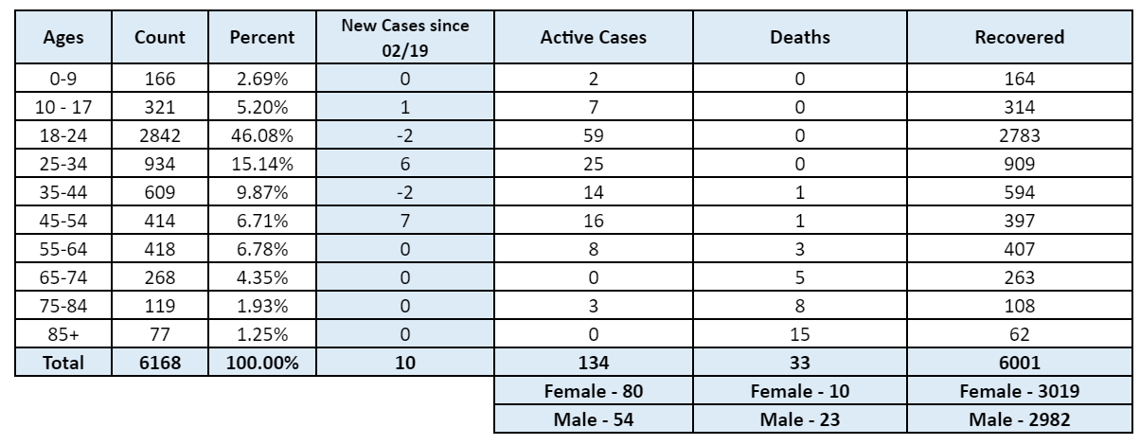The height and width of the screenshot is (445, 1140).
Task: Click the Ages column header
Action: [63, 37]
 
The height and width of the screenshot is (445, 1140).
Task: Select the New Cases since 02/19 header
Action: [405, 38]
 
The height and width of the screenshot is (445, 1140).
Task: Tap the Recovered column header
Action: [1020, 37]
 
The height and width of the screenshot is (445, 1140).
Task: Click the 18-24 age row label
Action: [63, 135]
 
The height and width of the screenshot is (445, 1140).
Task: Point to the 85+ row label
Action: [63, 334]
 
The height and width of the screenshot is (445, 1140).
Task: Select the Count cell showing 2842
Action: [160, 135]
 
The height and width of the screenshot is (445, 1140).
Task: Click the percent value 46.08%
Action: [262, 135]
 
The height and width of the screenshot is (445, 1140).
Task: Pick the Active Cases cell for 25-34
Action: [594, 164]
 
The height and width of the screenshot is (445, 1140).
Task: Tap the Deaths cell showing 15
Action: [799, 334]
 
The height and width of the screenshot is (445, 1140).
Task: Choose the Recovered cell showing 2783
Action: [1020, 135]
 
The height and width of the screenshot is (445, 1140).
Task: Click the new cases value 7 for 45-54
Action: [405, 221]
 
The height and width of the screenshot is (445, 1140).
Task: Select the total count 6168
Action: [160, 363]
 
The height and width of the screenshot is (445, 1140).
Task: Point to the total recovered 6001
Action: [1020, 363]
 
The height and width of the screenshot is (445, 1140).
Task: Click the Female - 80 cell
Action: [594, 391]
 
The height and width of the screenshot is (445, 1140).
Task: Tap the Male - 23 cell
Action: [799, 419]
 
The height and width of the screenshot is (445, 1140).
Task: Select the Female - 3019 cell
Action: [1020, 391]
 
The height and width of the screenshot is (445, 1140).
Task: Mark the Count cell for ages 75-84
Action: [160, 306]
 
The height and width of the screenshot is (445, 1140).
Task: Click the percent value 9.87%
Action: [262, 192]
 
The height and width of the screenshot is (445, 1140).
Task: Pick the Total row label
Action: [63, 363]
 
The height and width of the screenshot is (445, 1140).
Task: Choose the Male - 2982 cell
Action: [1020, 419]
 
